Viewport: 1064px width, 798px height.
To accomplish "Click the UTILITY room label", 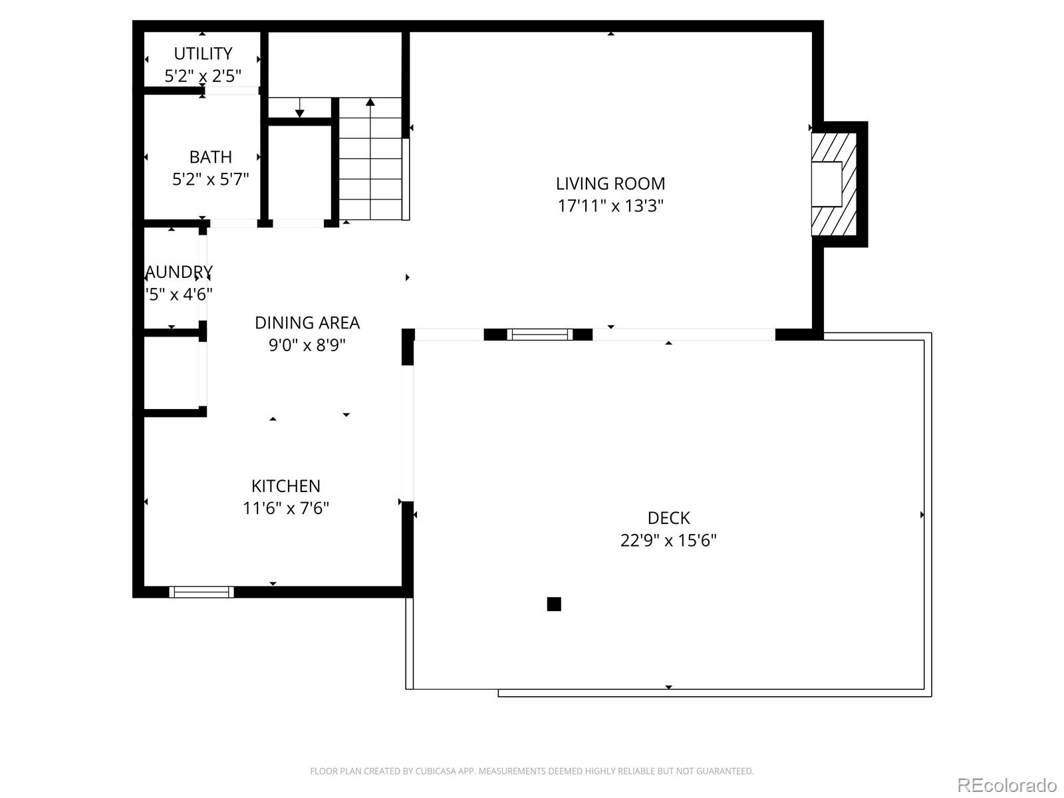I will click(203, 53).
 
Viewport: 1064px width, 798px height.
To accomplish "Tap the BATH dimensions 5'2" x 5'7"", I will click(210, 179).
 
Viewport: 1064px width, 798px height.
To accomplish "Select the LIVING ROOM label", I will click(610, 183).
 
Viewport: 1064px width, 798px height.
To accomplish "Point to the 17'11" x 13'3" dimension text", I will click(610, 205).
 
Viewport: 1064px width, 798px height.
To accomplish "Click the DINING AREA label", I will click(307, 323).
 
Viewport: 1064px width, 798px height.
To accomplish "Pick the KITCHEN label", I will click(285, 485).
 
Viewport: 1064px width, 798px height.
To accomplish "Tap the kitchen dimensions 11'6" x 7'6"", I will click(285, 508).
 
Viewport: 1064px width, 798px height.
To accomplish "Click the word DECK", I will click(668, 517).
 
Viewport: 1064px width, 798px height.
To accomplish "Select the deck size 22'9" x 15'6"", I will click(668, 540).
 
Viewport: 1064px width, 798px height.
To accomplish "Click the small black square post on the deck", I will click(554, 604).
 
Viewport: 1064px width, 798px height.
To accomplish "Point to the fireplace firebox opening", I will click(827, 184).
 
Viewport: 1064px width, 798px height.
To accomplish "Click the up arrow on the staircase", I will click(370, 102).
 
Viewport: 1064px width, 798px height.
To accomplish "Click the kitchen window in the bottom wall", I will click(201, 592).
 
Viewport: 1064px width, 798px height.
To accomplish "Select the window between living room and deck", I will click(539, 334).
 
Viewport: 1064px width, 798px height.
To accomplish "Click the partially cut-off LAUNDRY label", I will click(178, 271).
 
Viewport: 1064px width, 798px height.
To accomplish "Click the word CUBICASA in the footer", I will click(434, 771).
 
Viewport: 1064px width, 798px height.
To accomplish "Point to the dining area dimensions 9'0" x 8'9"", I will click(307, 345).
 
